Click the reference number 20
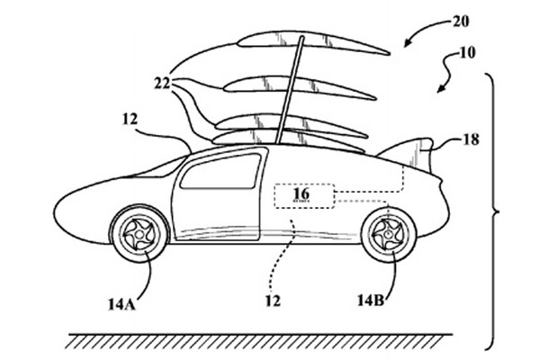tap(461, 22)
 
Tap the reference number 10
tap(467, 53)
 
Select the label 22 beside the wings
tap(162, 84)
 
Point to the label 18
tap(471, 139)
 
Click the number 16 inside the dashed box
tap(301, 193)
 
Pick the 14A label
tap(121, 304)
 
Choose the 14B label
tap(371, 301)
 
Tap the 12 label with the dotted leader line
tap(273, 301)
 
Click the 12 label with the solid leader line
tap(130, 119)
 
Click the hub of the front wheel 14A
tap(139, 234)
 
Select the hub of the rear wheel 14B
tap(388, 234)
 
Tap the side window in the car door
tap(221, 172)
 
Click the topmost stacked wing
tap(313, 42)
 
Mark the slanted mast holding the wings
tap(290, 90)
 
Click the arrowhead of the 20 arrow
tap(407, 43)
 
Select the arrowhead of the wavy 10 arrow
tap(440, 89)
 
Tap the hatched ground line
tap(260, 341)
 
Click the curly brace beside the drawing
tap(493, 212)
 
